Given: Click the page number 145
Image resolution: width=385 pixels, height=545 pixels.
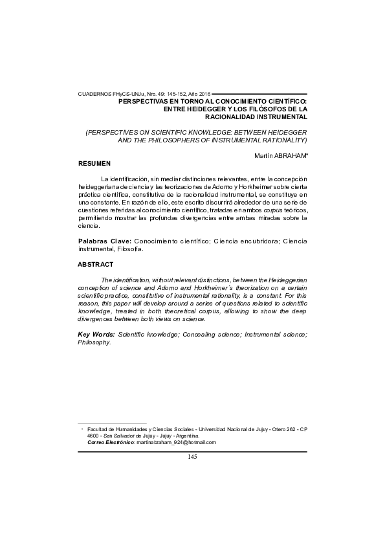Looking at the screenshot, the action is tap(192, 457).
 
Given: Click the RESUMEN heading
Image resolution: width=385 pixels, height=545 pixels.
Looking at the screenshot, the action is tap(94, 164).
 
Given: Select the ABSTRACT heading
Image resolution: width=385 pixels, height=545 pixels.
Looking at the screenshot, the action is tap(96, 264).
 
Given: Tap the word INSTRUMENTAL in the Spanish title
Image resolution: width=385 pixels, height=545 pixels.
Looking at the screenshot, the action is tap(276, 118).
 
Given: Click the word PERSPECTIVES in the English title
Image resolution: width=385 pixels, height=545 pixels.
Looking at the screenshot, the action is tap(116, 131).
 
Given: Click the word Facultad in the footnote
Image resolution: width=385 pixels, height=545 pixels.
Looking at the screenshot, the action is tap(98, 429).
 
